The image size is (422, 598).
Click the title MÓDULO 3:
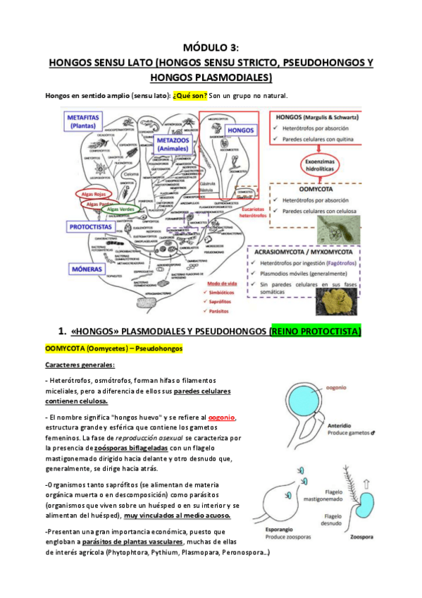(211, 48)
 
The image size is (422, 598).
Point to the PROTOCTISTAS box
(90, 227)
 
